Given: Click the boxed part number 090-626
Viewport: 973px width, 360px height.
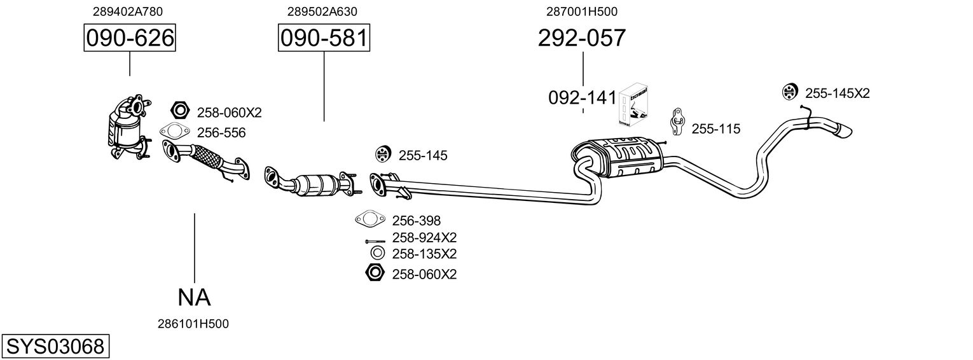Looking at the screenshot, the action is click(130, 39).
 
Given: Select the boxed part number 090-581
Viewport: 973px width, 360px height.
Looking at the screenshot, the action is click(324, 39).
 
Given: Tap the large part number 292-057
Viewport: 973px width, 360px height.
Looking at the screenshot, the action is click(582, 38).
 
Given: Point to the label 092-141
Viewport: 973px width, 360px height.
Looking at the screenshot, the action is click(582, 98).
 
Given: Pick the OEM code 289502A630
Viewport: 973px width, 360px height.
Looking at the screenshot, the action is click(322, 11).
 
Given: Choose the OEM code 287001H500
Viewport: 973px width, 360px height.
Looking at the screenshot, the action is click(581, 11).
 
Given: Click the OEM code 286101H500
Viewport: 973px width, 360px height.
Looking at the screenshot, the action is click(193, 324).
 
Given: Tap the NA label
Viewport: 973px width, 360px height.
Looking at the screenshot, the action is click(193, 296).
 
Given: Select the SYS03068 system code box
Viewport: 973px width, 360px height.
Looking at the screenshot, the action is click(55, 347).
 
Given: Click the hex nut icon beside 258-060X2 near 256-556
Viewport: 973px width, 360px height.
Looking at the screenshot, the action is click(180, 111).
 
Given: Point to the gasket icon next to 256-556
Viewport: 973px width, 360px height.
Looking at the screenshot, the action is click(176, 132).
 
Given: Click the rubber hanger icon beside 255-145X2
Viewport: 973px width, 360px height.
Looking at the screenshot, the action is click(789, 92).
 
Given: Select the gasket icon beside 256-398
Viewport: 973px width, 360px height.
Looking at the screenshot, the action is click(370, 220).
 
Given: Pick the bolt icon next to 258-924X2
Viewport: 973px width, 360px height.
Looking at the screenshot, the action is click(375, 241).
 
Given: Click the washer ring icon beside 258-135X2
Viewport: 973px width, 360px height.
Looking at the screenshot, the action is click(376, 254).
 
